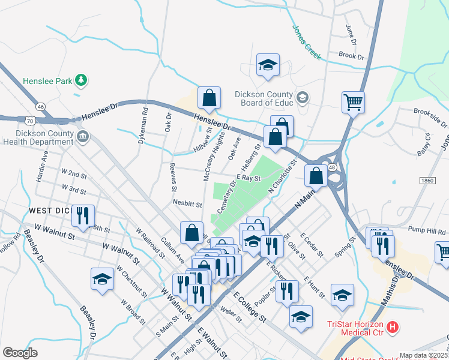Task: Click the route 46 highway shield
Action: point(40,107)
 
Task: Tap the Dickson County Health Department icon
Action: point(83,137)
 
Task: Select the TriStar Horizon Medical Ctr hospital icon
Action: point(392,327)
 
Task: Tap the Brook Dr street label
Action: point(351,55)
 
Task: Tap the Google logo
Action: point(20,353)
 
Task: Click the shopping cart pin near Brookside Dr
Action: point(353,101)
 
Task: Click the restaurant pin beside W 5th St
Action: point(83,215)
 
